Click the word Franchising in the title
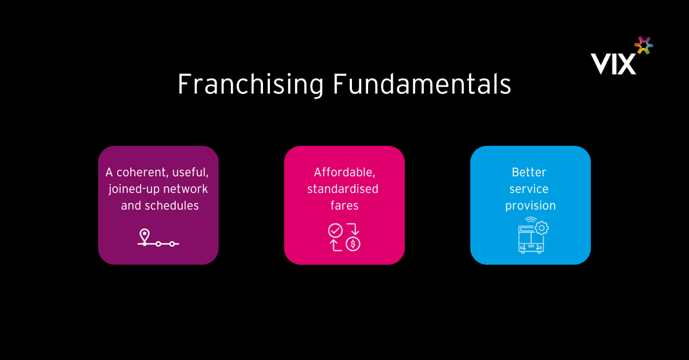coord(251,84)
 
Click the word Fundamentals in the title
coord(422,84)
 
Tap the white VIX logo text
coord(613,64)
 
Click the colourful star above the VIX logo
coord(644,45)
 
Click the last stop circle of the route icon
coord(172,244)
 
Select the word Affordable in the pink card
coord(344,172)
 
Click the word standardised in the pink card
coord(343,189)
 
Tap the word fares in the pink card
coord(344,206)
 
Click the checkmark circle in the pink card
coord(335,230)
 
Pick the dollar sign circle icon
coord(353,244)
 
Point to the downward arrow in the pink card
coord(354,229)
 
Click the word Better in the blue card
coord(529,172)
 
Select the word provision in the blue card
coord(531,206)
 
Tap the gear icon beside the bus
coord(541,229)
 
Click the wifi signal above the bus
coord(531,220)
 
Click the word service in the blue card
coord(529,189)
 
